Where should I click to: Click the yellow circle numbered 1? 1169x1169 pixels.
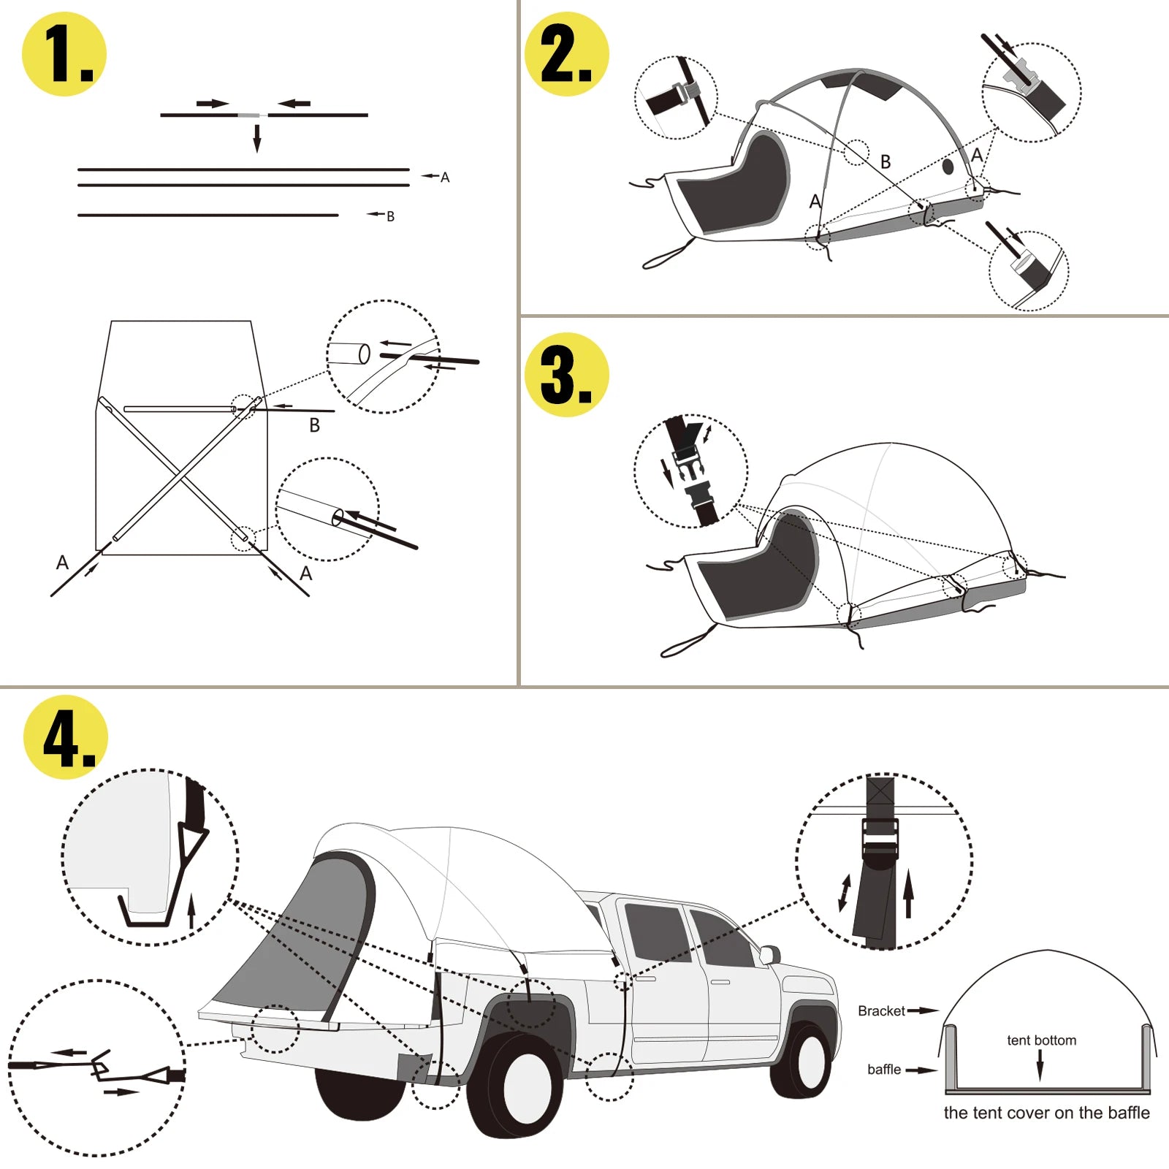pyautogui.click(x=64, y=54)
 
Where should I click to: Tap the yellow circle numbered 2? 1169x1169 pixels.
pyautogui.click(x=567, y=54)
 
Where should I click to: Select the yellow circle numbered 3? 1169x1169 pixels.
pyautogui.click(x=567, y=375)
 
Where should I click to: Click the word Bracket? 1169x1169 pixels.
pyautogui.click(x=881, y=1011)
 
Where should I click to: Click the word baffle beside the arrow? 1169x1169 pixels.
pyautogui.click(x=883, y=1070)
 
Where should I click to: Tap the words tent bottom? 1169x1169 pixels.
pyautogui.click(x=1041, y=1040)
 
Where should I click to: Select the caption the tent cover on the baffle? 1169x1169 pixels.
pyautogui.click(x=1046, y=1113)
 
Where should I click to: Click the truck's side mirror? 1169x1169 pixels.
pyautogui.click(x=769, y=953)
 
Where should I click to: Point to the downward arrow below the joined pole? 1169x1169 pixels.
pyautogui.click(x=257, y=138)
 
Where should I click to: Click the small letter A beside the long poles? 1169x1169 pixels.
pyautogui.click(x=445, y=178)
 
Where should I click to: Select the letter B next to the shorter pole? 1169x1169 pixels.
pyautogui.click(x=390, y=217)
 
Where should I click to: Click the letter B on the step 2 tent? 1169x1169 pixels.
pyautogui.click(x=886, y=162)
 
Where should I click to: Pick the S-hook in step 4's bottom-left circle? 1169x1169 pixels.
pyautogui.click(x=101, y=1067)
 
